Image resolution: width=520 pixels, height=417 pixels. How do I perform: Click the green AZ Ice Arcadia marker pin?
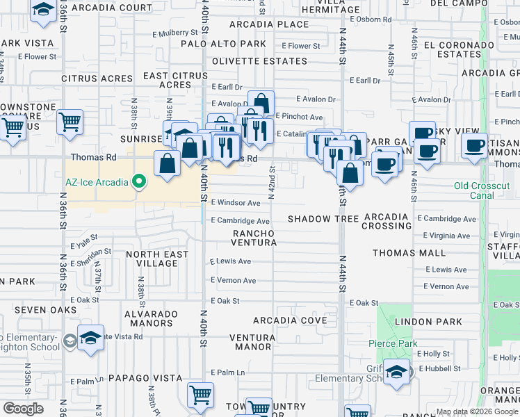139,182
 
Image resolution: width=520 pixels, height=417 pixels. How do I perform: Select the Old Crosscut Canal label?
484,190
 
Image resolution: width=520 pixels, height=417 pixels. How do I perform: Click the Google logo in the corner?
23,408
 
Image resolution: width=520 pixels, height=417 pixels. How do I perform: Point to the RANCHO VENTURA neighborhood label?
254,238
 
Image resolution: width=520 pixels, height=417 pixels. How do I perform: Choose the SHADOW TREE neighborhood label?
323,219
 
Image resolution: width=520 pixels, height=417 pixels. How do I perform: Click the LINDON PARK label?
438,322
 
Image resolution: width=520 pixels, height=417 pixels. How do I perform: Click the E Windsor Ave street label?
236,203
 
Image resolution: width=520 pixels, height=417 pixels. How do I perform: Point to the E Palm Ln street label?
228,373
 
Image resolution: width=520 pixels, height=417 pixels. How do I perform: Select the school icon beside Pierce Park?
397,372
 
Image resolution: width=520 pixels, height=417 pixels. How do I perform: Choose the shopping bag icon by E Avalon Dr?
261,103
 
